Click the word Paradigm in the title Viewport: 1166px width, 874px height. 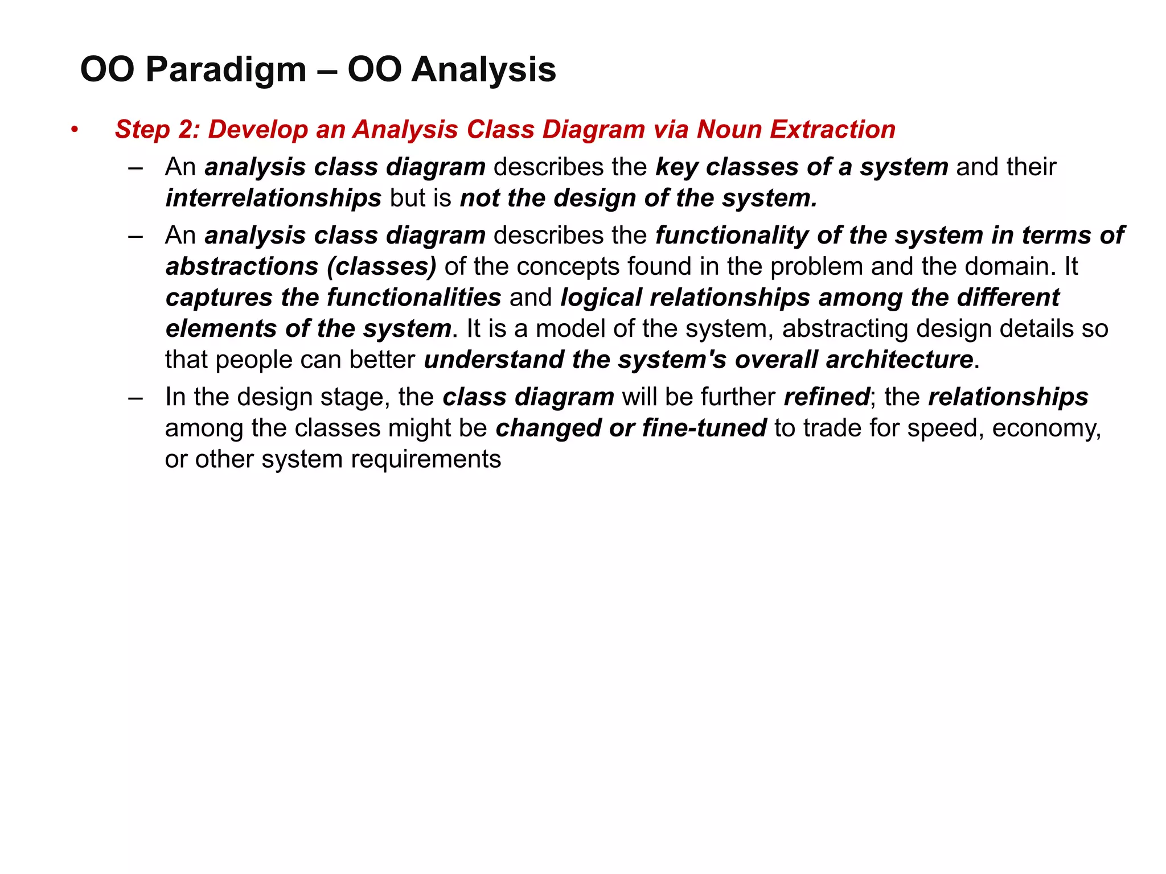[x=225, y=70]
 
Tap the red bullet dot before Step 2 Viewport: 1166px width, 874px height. [x=74, y=130]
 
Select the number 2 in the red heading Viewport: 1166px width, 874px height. [x=186, y=130]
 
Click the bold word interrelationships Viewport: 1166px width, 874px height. [x=273, y=198]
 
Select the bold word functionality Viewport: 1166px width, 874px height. [x=732, y=236]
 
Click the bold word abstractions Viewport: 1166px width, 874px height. [x=242, y=266]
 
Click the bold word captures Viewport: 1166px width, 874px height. [x=219, y=298]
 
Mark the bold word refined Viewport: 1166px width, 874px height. [x=827, y=397]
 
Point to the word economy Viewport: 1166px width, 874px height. [x=1046, y=428]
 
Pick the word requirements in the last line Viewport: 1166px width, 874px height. [x=425, y=459]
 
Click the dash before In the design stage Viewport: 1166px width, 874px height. [x=136, y=397]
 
